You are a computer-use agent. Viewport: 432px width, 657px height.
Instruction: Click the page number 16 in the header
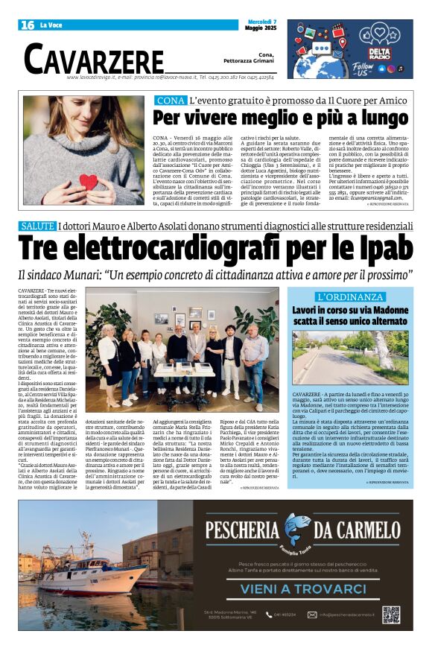point(28,25)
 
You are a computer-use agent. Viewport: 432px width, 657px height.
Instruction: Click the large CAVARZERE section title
point(94,58)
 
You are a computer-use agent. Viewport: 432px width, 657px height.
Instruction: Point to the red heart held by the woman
point(89,181)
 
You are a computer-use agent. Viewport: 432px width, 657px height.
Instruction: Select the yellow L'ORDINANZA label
point(350,296)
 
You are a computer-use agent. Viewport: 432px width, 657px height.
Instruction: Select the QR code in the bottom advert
point(391,615)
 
